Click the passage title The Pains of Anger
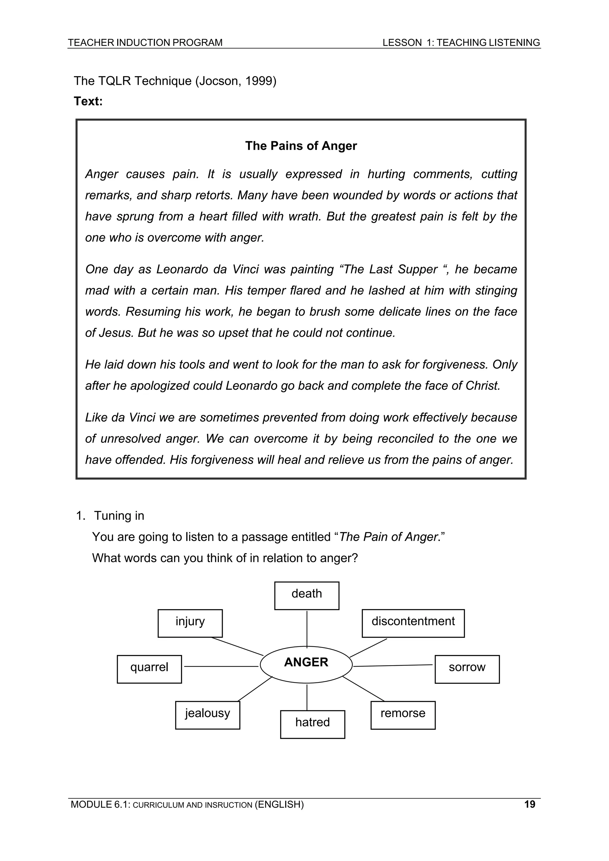click(x=301, y=146)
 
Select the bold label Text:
click(x=88, y=101)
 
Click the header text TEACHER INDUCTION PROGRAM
click(x=145, y=43)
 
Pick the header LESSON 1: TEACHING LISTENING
click(x=461, y=43)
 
